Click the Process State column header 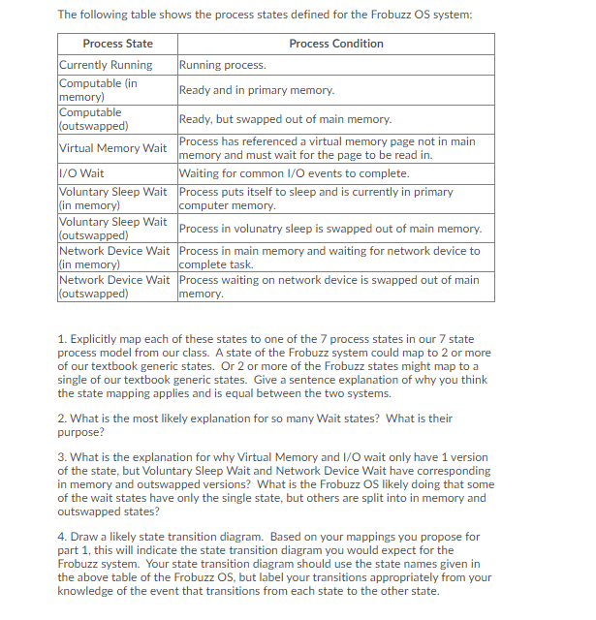coord(117,44)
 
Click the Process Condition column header coord(335,44)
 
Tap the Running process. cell coord(223,65)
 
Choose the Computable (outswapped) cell coord(93,119)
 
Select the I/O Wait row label coord(82,173)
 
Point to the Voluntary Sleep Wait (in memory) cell coord(112,199)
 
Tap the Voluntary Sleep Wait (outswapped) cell coord(112,229)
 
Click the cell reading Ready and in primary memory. coord(257,90)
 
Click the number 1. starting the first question coord(61,339)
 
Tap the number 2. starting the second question coord(61,418)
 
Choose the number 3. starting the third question coord(61,457)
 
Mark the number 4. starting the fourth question coord(61,537)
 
